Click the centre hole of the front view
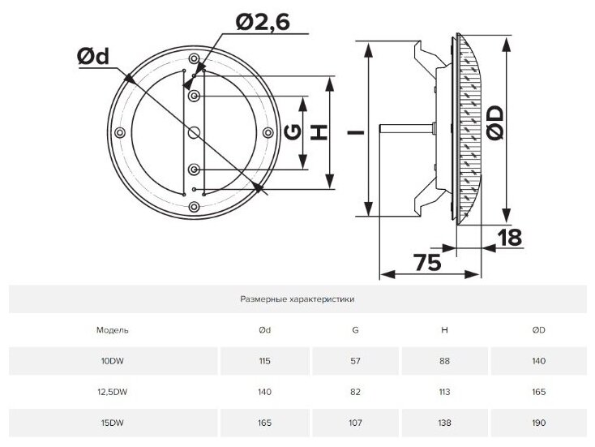coord(195,133)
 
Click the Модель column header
coord(112,330)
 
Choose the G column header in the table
coord(355,330)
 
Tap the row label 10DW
coord(112,360)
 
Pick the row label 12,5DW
coord(112,391)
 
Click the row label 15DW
coord(112,422)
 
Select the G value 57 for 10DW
coord(355,360)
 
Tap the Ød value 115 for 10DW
coord(264,360)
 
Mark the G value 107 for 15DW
coord(355,422)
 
